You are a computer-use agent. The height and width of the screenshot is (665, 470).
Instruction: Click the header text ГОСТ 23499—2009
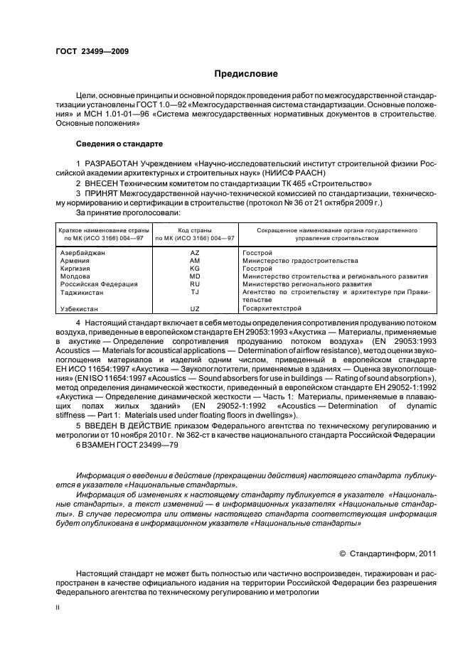click(x=92, y=51)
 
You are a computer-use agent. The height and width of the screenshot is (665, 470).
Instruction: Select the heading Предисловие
click(x=246, y=74)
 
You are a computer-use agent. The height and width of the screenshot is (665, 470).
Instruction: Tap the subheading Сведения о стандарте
click(x=119, y=144)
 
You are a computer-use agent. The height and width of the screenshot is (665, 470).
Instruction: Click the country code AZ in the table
click(x=195, y=253)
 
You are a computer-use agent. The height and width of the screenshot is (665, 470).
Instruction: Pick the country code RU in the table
click(x=195, y=283)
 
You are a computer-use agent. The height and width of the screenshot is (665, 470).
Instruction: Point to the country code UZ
click(x=195, y=309)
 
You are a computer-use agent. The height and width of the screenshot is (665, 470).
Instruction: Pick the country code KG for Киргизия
click(x=195, y=269)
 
